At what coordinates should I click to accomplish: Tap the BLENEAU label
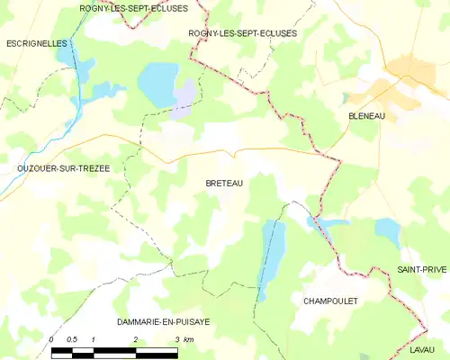click(x=366, y=116)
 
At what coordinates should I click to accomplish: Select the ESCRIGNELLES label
click(x=37, y=42)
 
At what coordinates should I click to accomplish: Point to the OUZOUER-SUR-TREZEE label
click(x=50, y=168)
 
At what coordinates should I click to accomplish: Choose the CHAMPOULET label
click(x=330, y=301)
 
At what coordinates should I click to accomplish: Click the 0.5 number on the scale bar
click(x=72, y=338)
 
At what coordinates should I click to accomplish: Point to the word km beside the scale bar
click(x=189, y=338)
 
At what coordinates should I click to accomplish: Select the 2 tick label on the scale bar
click(x=135, y=338)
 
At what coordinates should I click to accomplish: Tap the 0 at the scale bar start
click(x=52, y=338)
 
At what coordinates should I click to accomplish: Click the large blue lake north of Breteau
click(x=158, y=84)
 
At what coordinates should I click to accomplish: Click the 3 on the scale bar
click(x=176, y=338)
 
